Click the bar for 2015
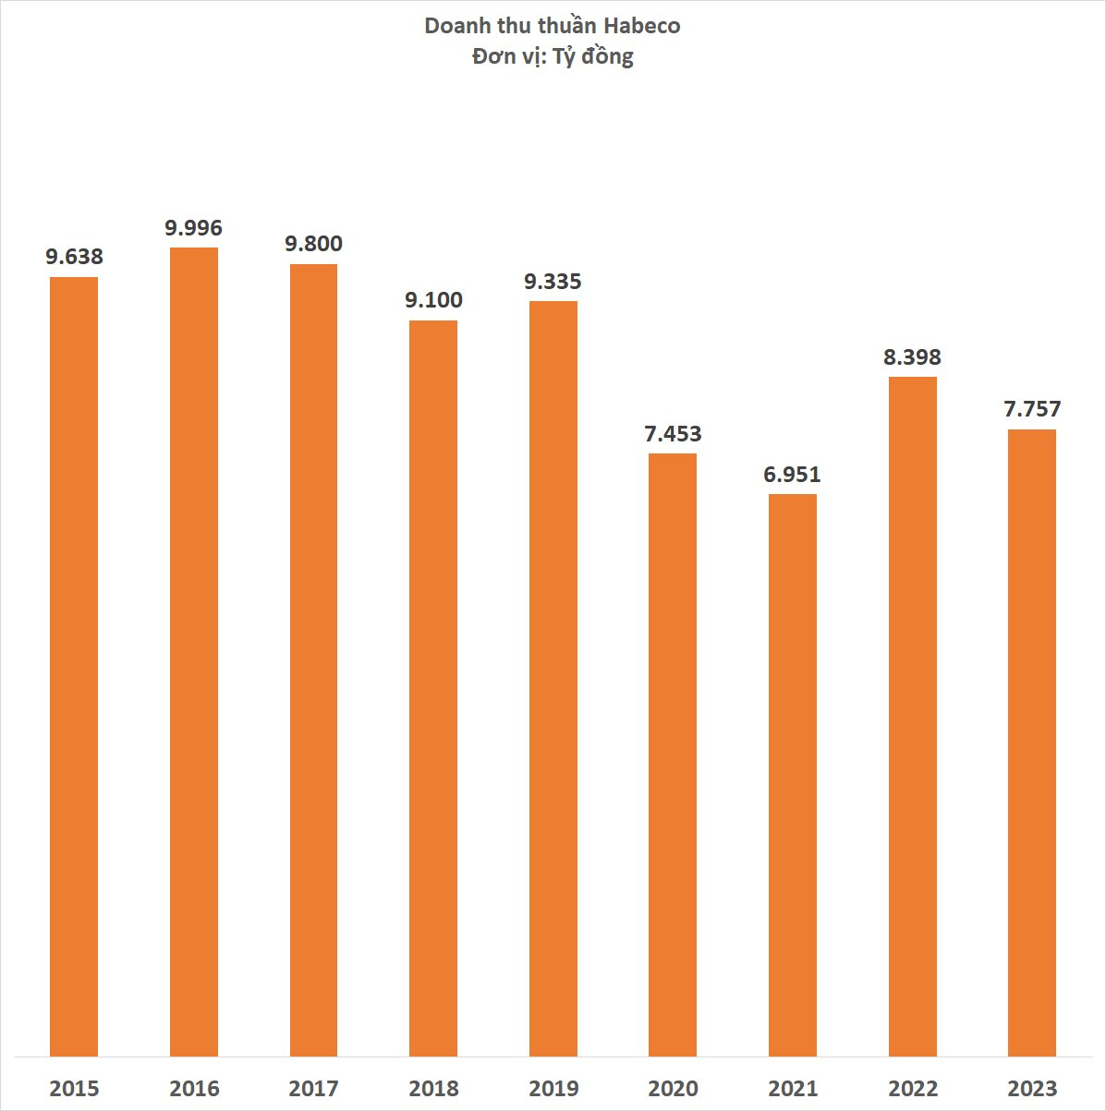tap(74, 665)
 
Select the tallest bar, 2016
tap(194, 651)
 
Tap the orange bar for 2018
tap(433, 688)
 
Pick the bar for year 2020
tap(673, 755)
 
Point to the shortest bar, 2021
tap(793, 775)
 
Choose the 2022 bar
tap(912, 716)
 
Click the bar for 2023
tap(1032, 743)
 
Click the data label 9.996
tap(194, 228)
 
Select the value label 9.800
tap(313, 244)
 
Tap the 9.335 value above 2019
tap(553, 282)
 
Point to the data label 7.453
tap(673, 434)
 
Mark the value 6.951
tap(792, 475)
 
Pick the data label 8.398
tap(912, 357)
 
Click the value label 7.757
tap(1032, 409)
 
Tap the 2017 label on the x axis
tap(313, 1088)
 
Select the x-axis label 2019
tap(553, 1088)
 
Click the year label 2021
tap(793, 1088)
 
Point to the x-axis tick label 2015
tap(74, 1088)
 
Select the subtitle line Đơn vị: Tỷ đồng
tap(553, 56)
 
